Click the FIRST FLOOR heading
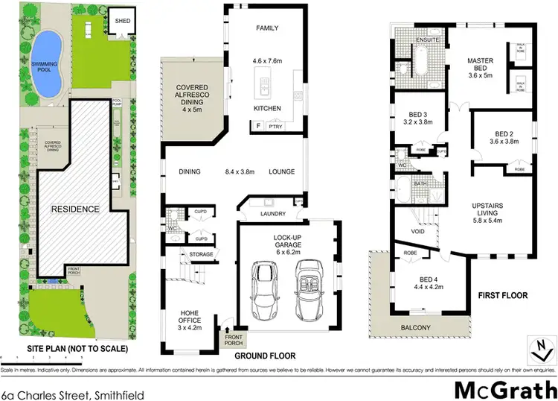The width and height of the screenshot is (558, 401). point(503,296)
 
